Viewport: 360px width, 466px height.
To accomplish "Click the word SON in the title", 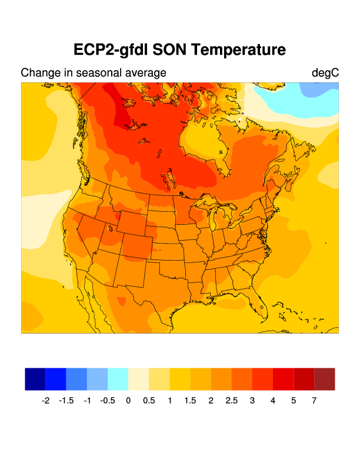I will [x=171, y=49].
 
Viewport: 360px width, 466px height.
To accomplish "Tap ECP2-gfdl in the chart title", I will [x=111, y=49].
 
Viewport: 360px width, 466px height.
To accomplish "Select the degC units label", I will [x=325, y=73].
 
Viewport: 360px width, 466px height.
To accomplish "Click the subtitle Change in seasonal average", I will [x=94, y=73].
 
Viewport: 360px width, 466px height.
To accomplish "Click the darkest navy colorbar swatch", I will [x=35, y=379].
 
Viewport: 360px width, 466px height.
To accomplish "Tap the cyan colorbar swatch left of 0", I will [x=118, y=379].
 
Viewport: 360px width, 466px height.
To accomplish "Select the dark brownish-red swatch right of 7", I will [x=325, y=379].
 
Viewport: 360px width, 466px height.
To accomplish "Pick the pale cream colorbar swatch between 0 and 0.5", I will [x=138, y=379].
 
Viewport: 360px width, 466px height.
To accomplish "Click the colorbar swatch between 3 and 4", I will [x=262, y=379].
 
